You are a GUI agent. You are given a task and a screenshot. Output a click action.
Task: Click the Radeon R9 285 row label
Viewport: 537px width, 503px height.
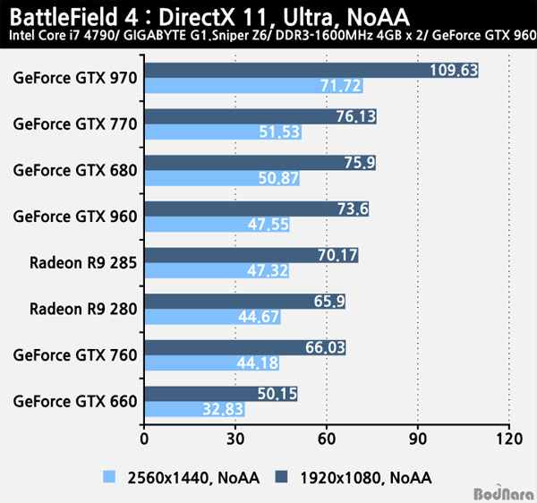click(x=83, y=261)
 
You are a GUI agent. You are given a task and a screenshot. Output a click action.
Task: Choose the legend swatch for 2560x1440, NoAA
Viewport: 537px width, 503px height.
click(x=110, y=477)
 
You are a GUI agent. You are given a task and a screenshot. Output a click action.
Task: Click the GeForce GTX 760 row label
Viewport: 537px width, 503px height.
click(x=76, y=355)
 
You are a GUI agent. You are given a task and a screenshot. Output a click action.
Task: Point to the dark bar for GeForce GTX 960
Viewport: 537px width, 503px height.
click(x=256, y=209)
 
